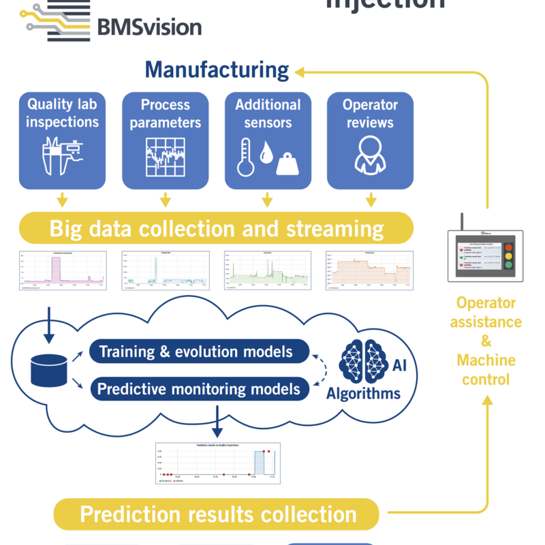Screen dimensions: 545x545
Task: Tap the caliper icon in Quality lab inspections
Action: [62, 157]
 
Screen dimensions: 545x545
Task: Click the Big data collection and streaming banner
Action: [216, 228]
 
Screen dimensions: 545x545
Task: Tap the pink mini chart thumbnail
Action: [62, 270]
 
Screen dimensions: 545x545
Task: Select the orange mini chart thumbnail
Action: [369, 270]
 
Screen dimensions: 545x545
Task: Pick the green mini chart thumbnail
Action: [267, 270]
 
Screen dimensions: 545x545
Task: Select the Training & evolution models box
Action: [199, 352]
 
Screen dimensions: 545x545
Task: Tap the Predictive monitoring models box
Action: [199, 389]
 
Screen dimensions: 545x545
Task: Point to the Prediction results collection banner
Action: [216, 514]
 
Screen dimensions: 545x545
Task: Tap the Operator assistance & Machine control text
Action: [486, 341]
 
